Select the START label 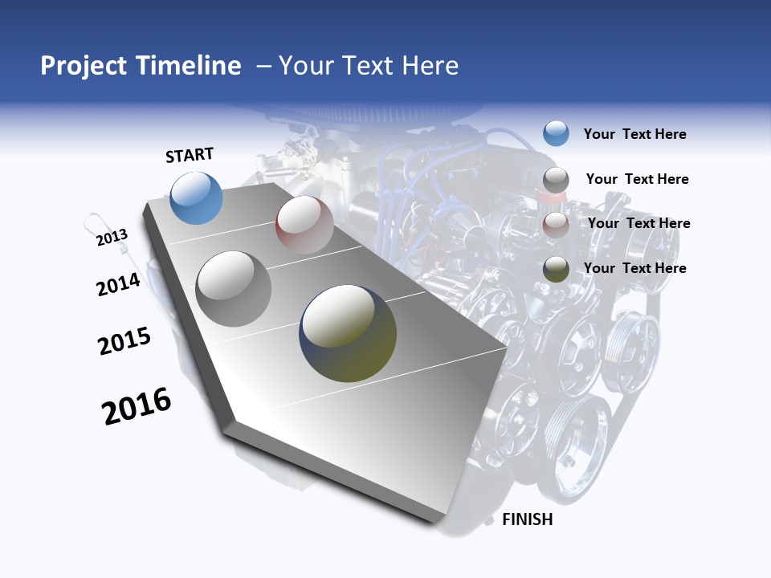[190, 155]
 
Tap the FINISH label [527, 519]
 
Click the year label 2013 [112, 238]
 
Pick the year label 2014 [118, 284]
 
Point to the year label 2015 [124, 341]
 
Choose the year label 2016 [137, 406]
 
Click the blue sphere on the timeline [197, 198]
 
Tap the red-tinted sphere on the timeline [304, 225]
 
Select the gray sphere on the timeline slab [234, 289]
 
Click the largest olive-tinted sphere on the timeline [348, 333]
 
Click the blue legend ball [556, 133]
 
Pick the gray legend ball [556, 180]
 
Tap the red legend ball [556, 224]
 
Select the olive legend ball [556, 269]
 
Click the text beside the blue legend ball [634, 134]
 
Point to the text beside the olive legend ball [634, 268]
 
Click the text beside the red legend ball [638, 223]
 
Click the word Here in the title [430, 66]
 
